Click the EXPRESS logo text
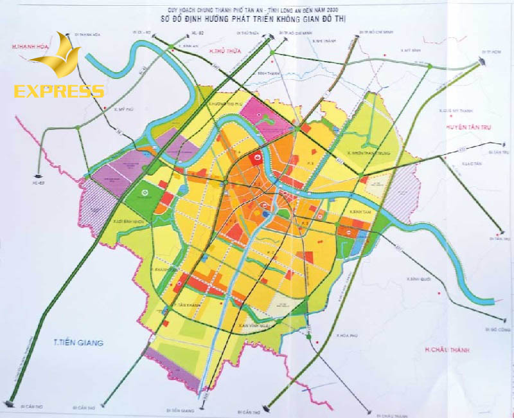click(58, 91)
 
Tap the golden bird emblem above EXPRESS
click(58, 59)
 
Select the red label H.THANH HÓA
click(30, 47)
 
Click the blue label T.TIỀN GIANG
click(75, 343)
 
